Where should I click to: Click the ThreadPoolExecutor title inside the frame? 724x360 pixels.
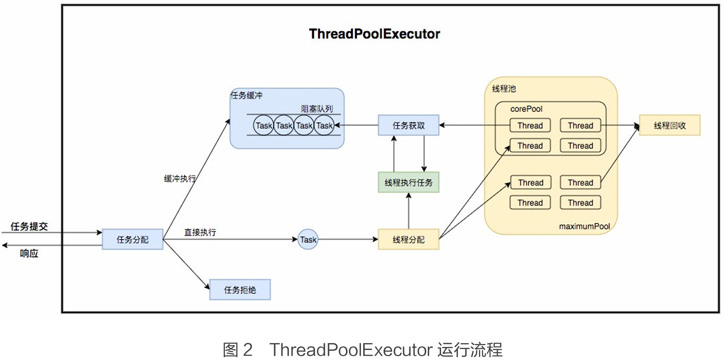374,34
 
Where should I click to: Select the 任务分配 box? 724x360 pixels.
132,240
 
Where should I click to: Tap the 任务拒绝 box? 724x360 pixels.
240,290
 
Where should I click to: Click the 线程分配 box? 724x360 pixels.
408,240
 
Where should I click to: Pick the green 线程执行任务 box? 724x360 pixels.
408,182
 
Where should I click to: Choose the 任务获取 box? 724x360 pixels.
408,125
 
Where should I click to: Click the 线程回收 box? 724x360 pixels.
669,125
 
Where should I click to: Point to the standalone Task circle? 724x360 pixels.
308,240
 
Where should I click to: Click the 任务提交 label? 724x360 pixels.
29,227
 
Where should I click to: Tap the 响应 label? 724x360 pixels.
29,253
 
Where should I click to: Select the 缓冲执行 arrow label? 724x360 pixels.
180,179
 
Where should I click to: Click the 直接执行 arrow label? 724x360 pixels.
200,232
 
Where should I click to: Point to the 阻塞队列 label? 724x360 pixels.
317,109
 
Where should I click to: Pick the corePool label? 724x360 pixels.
526,109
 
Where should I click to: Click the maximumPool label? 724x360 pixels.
584,226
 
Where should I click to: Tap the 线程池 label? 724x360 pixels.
504,88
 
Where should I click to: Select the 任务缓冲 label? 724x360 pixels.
246,96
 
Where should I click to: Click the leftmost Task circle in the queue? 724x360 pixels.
264,125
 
